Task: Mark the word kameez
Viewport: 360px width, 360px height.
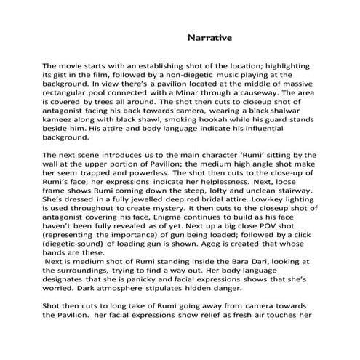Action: (59, 125)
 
